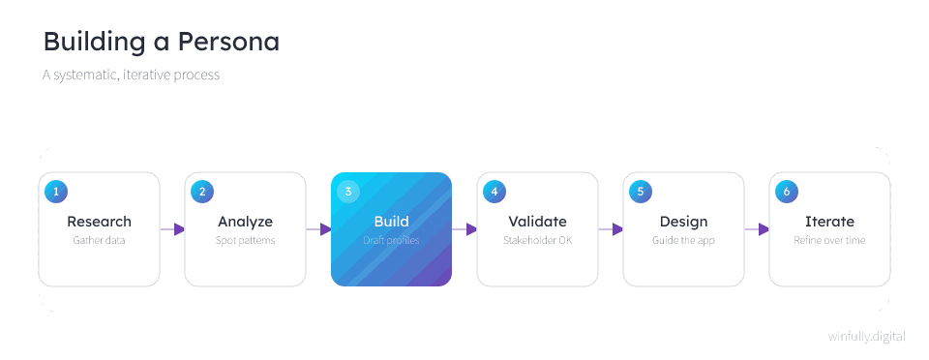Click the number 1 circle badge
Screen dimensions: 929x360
pyautogui.click(x=56, y=192)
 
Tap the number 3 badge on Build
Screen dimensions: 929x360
pyautogui.click(x=348, y=192)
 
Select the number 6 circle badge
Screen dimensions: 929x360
pyautogui.click(x=787, y=192)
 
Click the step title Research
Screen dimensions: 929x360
pyautogui.click(x=99, y=222)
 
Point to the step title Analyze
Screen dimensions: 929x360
pyautogui.click(x=245, y=222)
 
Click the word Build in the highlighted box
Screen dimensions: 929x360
pyautogui.click(x=392, y=222)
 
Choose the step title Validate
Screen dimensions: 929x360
pyautogui.click(x=537, y=222)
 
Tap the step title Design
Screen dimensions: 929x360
pyautogui.click(x=684, y=222)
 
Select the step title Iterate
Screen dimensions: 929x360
pyautogui.click(x=829, y=222)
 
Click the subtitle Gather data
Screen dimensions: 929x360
pyautogui.click(x=99, y=240)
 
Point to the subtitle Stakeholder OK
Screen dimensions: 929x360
pyautogui.click(x=537, y=240)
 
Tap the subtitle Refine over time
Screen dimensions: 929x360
pyautogui.click(x=829, y=240)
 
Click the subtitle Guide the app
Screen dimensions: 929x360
pyautogui.click(x=684, y=241)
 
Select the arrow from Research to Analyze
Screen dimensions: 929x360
pyautogui.click(x=172, y=229)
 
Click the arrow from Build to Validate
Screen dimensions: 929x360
pyautogui.click(x=464, y=229)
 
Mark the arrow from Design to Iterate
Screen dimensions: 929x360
pyautogui.click(x=757, y=229)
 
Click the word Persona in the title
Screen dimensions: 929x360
pyautogui.click(x=228, y=42)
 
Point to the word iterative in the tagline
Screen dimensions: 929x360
pyautogui.click(x=147, y=75)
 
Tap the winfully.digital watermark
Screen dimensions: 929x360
pyautogui.click(x=867, y=337)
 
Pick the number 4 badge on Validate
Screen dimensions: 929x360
pyautogui.click(x=494, y=192)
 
